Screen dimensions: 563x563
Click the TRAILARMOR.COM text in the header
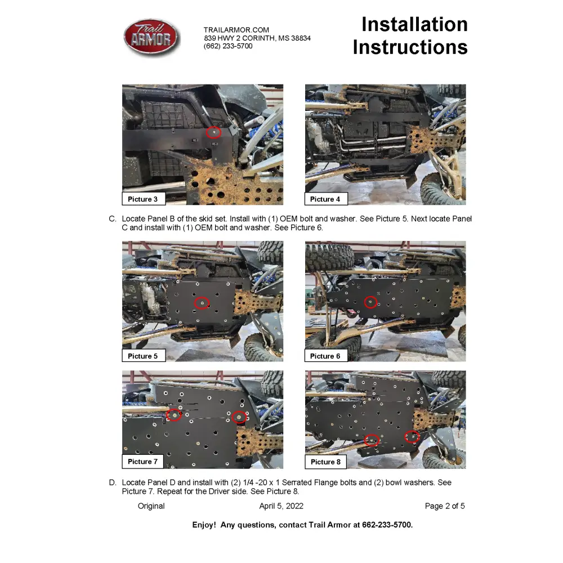click(x=236, y=30)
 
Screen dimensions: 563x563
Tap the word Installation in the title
click(x=414, y=24)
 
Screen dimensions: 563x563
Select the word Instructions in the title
click(x=410, y=47)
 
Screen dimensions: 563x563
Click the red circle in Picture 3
click(x=213, y=132)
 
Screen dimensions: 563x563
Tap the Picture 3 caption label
click(x=144, y=199)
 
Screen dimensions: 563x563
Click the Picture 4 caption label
click(x=325, y=199)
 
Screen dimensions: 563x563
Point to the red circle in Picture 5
click(x=202, y=303)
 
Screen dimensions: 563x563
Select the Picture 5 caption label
click(x=144, y=356)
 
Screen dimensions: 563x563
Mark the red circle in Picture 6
click(x=370, y=302)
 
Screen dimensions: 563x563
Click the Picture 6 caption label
click(x=325, y=356)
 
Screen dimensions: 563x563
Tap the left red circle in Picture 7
click(x=175, y=415)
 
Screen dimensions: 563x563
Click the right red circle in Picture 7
click(x=239, y=417)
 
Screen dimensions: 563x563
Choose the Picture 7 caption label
click(x=144, y=462)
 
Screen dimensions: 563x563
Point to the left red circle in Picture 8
click(x=371, y=440)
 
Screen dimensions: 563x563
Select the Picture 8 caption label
click(x=325, y=462)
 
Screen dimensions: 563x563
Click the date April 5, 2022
click(x=281, y=506)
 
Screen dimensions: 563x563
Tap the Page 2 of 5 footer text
click(x=445, y=506)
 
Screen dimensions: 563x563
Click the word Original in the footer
click(x=151, y=506)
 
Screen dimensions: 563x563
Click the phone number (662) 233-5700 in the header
click(x=228, y=46)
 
